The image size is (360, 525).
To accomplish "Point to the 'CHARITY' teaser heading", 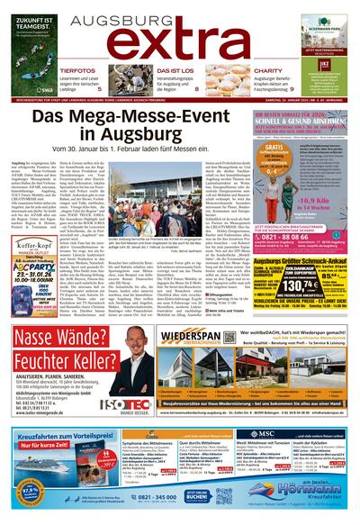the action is (268, 69).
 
